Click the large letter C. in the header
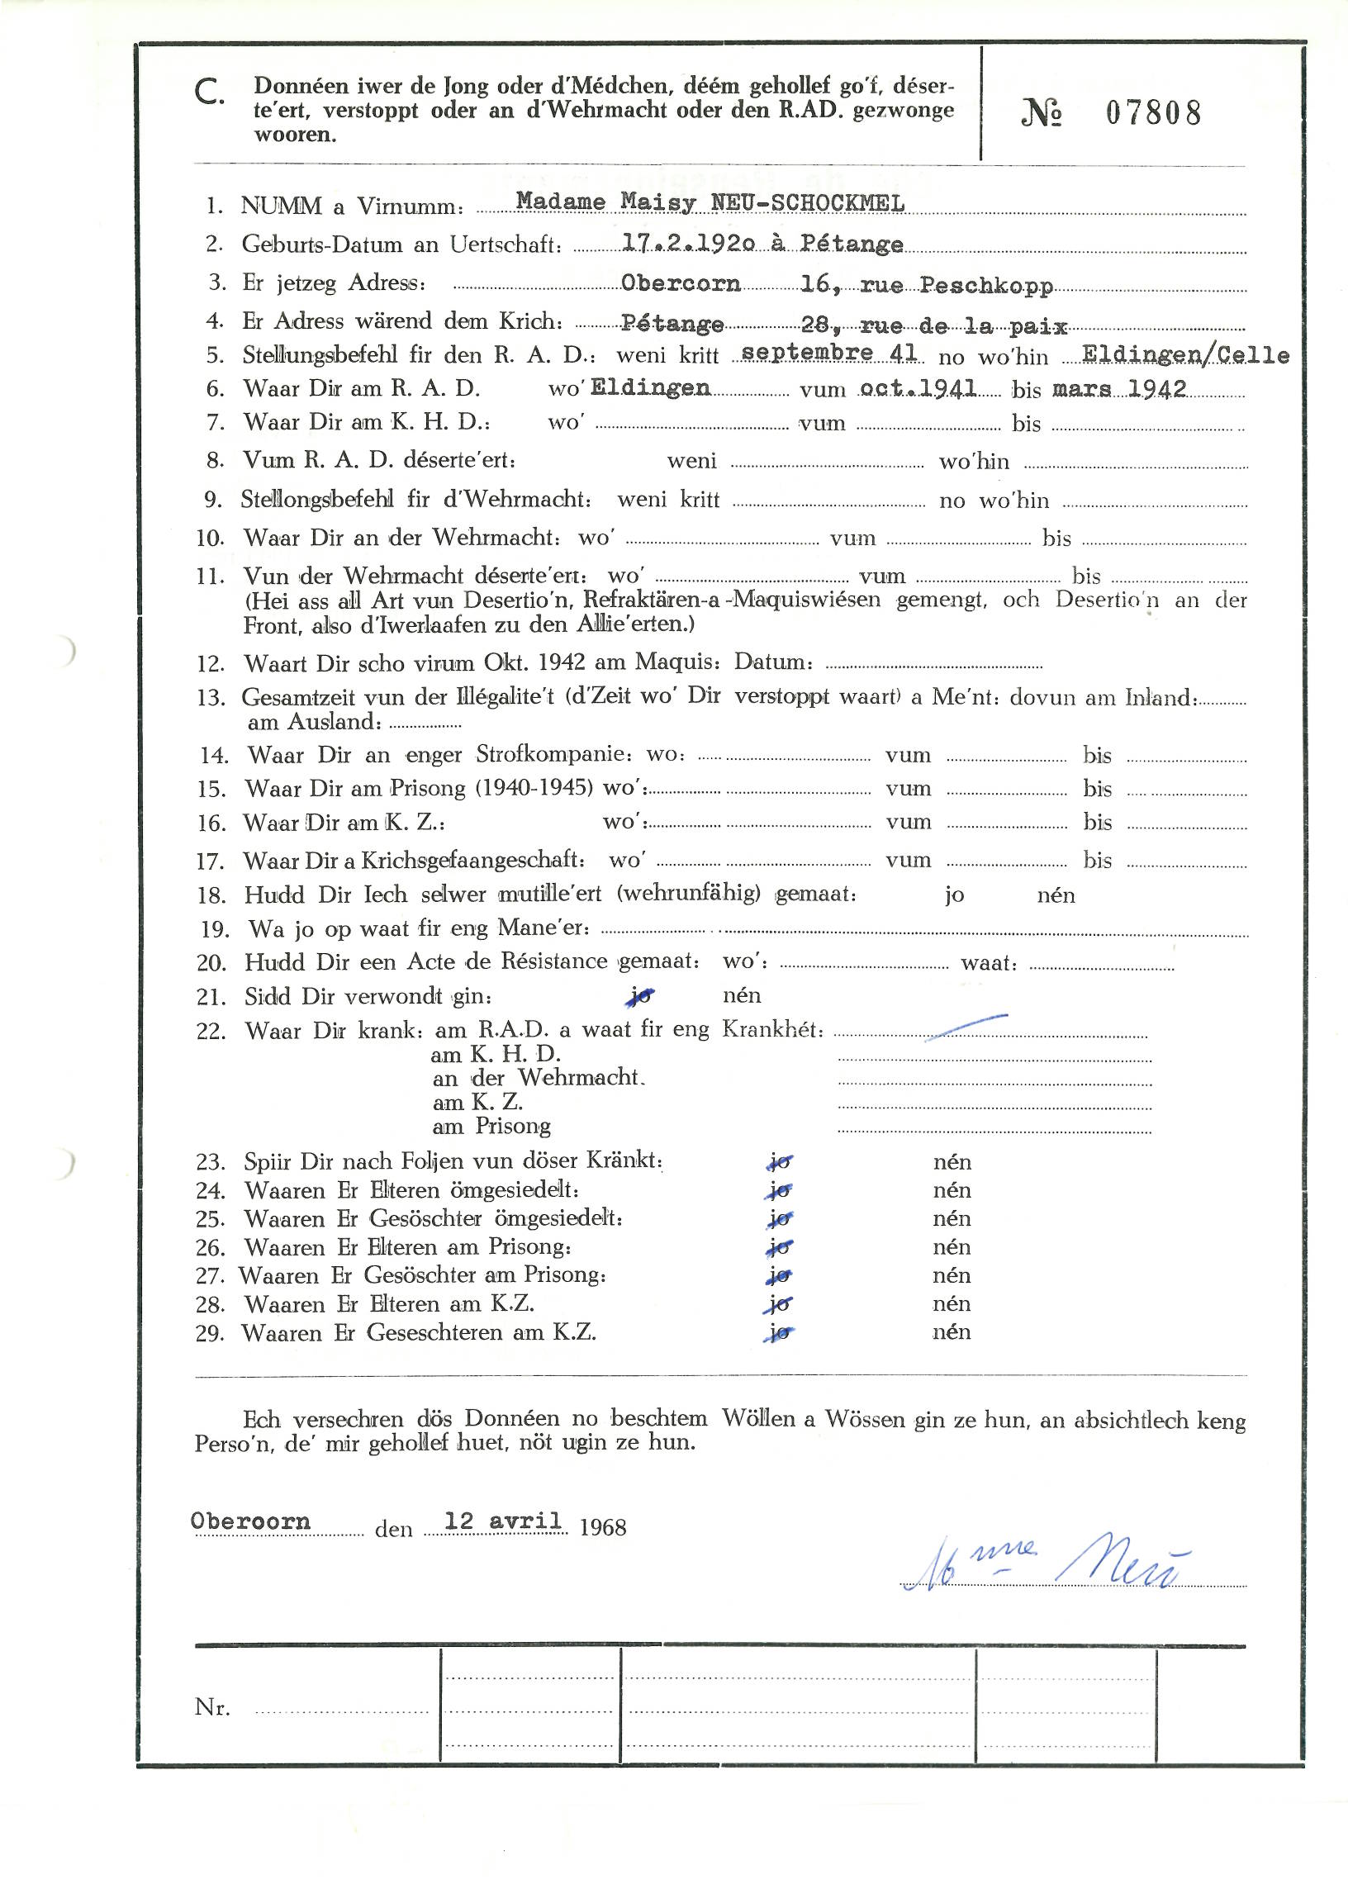208,93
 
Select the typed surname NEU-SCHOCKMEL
807,202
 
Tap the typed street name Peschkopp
986,286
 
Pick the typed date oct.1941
918,388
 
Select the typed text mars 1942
1119,388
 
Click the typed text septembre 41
828,353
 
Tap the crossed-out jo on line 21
640,996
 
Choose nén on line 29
952,1332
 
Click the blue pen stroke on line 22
966,1027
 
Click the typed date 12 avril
502,1521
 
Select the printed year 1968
603,1527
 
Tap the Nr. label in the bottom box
212,1707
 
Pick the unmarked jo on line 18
954,895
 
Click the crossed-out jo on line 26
780,1247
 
